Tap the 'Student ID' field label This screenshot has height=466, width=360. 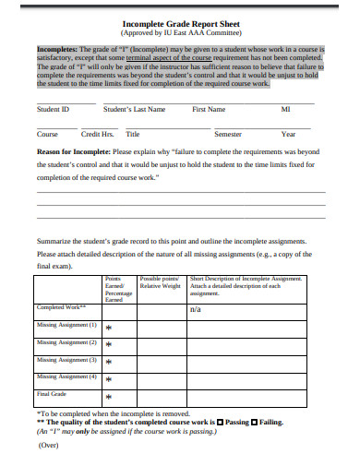pyautogui.click(x=53, y=109)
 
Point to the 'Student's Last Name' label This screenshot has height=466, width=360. pyautogui.click(x=135, y=109)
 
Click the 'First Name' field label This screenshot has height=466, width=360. pyautogui.click(x=209, y=109)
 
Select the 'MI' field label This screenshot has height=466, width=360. pyautogui.click(x=285, y=109)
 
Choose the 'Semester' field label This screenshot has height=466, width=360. pyautogui.click(x=227, y=134)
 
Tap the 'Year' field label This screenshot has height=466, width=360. pyautogui.click(x=289, y=134)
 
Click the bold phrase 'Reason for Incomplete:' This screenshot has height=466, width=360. pyautogui.click(x=72, y=150)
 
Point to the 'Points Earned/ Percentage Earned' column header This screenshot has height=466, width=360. pyautogui.click(x=114, y=288)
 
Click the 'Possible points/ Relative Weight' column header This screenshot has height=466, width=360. pyautogui.click(x=160, y=282)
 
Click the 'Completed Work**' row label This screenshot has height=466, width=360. pyautogui.click(x=61, y=307)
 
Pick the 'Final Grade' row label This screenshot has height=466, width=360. pyautogui.click(x=54, y=394)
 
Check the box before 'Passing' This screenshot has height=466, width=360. pyautogui.click(x=220, y=422)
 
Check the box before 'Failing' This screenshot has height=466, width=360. pyautogui.click(x=255, y=422)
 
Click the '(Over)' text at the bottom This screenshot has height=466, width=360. pyautogui.click(x=50, y=445)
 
